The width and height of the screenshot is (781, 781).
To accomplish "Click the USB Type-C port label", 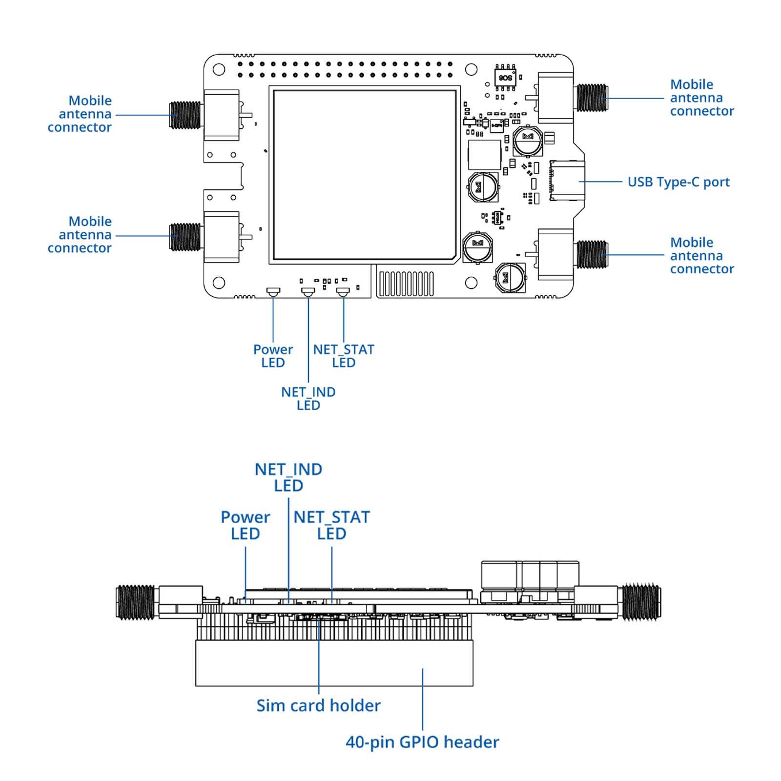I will (678, 182).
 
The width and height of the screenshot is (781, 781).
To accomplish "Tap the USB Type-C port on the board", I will (567, 181).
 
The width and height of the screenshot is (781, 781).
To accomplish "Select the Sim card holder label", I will (318, 705).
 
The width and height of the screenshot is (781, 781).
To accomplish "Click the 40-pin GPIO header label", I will (422, 742).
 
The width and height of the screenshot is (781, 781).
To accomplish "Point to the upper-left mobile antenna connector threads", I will (185, 115).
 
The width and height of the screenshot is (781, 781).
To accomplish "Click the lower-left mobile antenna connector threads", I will (185, 237).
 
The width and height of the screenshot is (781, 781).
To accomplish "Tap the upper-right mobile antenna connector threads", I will (592, 98).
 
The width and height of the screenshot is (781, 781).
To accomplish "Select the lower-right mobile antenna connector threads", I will (592, 255).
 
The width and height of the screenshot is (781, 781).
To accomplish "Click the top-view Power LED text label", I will (273, 356).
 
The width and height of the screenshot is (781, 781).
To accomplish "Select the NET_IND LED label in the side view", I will (288, 477).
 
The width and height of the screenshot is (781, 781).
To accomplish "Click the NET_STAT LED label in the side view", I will (331, 525).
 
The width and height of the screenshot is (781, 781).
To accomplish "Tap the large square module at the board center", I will (364, 175).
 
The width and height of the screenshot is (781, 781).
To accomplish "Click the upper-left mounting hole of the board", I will (219, 69).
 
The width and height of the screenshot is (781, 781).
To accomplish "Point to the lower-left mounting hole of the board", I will (219, 283).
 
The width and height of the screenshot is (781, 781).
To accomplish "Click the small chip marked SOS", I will (505, 78).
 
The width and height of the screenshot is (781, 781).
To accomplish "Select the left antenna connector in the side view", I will (136, 603).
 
